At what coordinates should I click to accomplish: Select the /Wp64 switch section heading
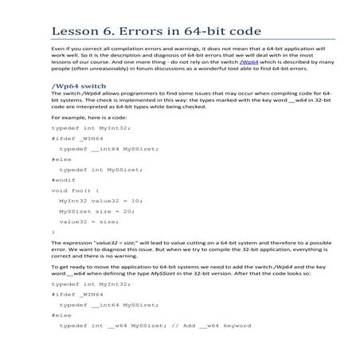[79, 85]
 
